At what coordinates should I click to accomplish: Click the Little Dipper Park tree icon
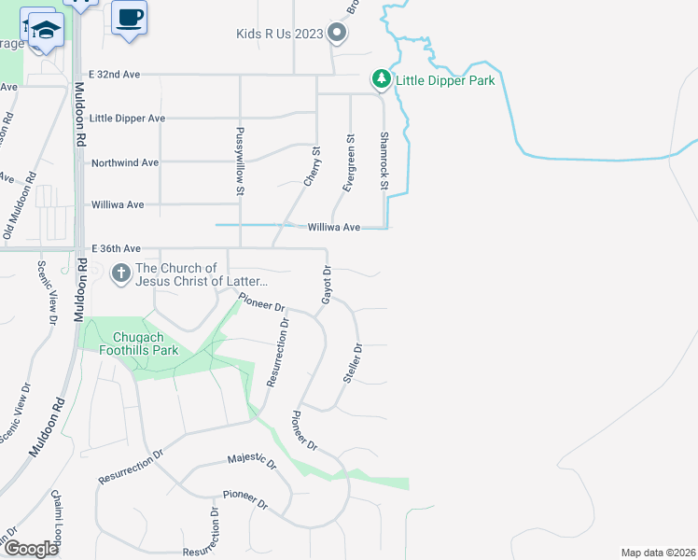tap(381, 80)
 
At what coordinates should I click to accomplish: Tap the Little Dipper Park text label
tap(445, 80)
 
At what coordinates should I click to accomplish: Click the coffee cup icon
tap(129, 16)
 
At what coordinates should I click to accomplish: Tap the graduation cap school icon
tap(45, 30)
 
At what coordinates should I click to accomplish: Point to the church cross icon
tap(120, 274)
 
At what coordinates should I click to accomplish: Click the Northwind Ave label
tap(124, 162)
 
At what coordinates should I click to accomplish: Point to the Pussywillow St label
tap(240, 161)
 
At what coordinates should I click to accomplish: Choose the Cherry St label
tap(312, 164)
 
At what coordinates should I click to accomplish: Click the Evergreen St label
tap(349, 164)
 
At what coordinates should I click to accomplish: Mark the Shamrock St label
tap(383, 161)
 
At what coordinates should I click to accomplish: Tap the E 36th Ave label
tap(116, 249)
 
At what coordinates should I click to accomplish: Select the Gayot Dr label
tap(327, 286)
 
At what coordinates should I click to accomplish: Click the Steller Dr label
tap(352, 362)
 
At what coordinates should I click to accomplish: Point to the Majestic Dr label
tap(253, 462)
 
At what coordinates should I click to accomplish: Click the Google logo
tap(32, 550)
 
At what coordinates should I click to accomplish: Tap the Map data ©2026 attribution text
tap(657, 553)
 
